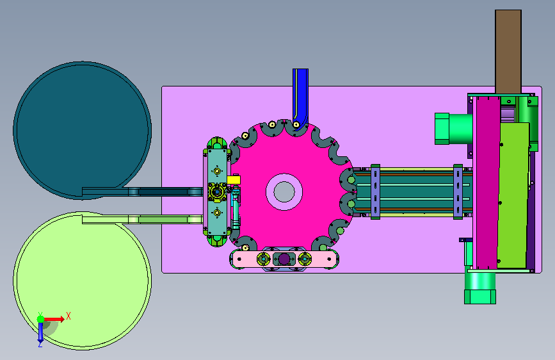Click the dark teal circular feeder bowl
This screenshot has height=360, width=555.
pyautogui.click(x=82, y=127)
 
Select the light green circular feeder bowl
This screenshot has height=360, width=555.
pyautogui.click(x=82, y=284)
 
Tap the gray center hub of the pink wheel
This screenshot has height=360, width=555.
pyautogui.click(x=284, y=192)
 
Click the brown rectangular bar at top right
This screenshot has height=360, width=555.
pyautogui.click(x=508, y=52)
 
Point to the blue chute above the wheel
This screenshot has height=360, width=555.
pyautogui.click(x=300, y=95)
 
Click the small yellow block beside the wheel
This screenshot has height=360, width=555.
pyautogui.click(x=234, y=179)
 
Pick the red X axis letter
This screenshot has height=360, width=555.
pyautogui.click(x=68, y=316)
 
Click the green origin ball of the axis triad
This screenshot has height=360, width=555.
pyautogui.click(x=41, y=319)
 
